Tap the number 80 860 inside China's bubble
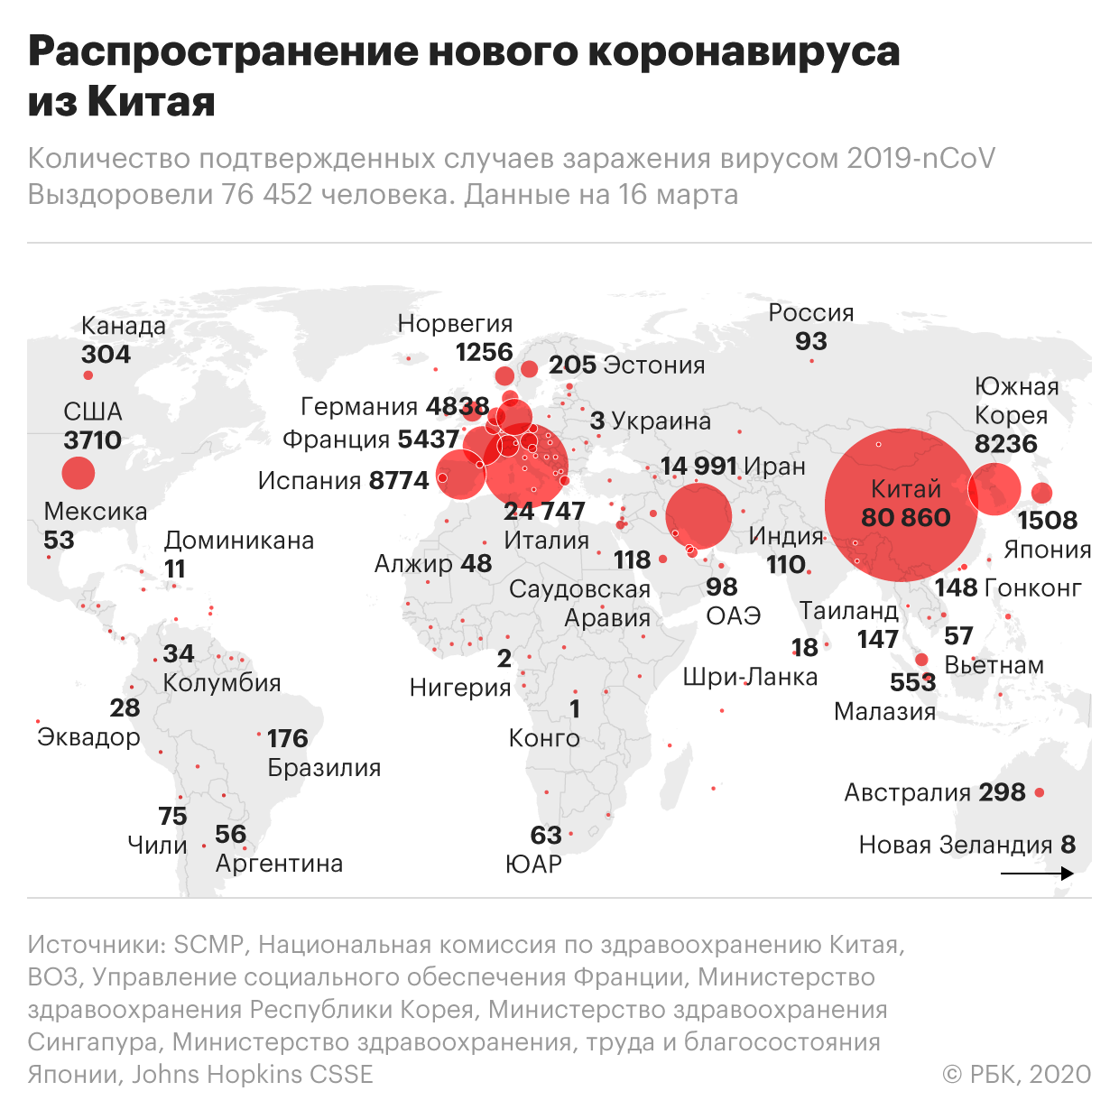pyautogui.click(x=905, y=517)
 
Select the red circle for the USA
pyautogui.click(x=79, y=472)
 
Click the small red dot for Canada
pyautogui.click(x=88, y=375)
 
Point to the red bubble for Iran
pyautogui.click(x=698, y=516)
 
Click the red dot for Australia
pyautogui.click(x=1040, y=792)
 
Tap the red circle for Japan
pyautogui.click(x=1041, y=493)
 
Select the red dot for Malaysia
pyautogui.click(x=921, y=660)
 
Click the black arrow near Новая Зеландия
pyautogui.click(x=1037, y=874)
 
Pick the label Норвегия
pyautogui.click(x=455, y=323)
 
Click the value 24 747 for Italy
pyautogui.click(x=544, y=511)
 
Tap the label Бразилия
pyautogui.click(x=324, y=768)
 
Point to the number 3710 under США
pyautogui.click(x=92, y=440)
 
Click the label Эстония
pyautogui.click(x=654, y=365)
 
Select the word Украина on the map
pyautogui.click(x=661, y=421)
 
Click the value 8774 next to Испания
pyautogui.click(x=398, y=480)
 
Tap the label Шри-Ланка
pyautogui.click(x=750, y=677)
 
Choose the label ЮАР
pyautogui.click(x=533, y=865)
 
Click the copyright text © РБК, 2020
pyautogui.click(x=1016, y=1074)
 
